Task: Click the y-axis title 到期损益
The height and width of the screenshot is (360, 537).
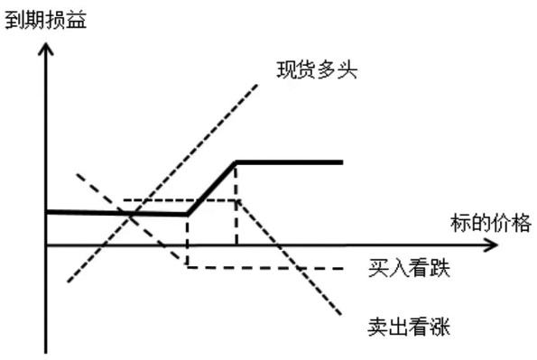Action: pos(46,17)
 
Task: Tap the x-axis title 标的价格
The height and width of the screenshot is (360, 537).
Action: pos(491,223)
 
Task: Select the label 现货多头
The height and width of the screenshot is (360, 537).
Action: pos(318,68)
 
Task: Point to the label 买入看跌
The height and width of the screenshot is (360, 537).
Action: pos(409,268)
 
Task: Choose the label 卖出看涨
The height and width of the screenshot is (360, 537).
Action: pos(409,326)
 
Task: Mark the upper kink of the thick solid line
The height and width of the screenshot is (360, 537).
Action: pos(236,162)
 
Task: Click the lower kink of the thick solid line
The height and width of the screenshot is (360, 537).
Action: pos(187,214)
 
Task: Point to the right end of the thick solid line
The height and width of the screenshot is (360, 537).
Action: pos(343,162)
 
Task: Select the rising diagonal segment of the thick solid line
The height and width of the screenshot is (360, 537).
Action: pos(211,188)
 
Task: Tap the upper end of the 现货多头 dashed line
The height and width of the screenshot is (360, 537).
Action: pos(258,85)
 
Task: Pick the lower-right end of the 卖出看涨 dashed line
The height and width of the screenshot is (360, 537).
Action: pos(342,315)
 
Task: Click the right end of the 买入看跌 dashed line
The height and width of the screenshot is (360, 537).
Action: pos(345,268)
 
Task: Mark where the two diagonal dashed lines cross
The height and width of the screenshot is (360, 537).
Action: pos(134,215)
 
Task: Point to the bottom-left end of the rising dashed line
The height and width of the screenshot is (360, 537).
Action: pos(68,282)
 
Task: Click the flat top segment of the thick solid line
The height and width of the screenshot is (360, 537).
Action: pos(289,162)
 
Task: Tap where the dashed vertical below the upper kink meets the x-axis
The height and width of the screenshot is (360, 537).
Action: pos(236,245)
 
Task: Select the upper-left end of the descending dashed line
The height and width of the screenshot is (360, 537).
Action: pos(77,172)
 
